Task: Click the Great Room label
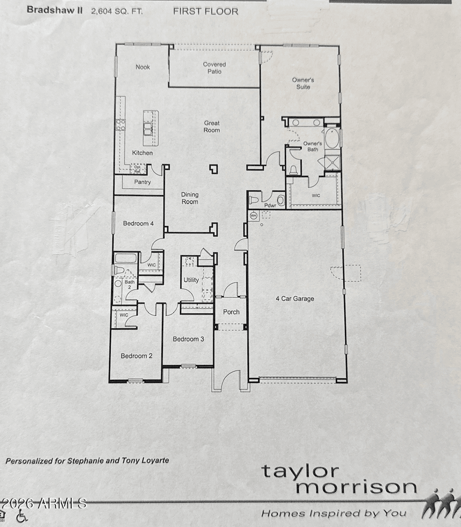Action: point(212,126)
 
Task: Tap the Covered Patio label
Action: point(214,68)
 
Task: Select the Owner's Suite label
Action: point(303,83)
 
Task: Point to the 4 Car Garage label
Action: point(295,298)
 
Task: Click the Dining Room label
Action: point(190,198)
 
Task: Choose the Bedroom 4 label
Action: point(138,224)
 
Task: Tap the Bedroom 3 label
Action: point(188,339)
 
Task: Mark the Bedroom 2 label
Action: point(137,356)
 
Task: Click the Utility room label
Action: point(191,280)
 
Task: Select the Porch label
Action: point(231,312)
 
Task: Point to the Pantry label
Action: point(142,182)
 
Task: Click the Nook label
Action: point(143,67)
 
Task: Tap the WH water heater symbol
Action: point(254,215)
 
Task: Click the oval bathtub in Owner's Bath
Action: point(331,139)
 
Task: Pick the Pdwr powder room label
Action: point(270,205)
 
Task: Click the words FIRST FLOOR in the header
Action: point(205,12)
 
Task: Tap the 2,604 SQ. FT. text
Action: point(117,12)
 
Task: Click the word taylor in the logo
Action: point(300,471)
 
